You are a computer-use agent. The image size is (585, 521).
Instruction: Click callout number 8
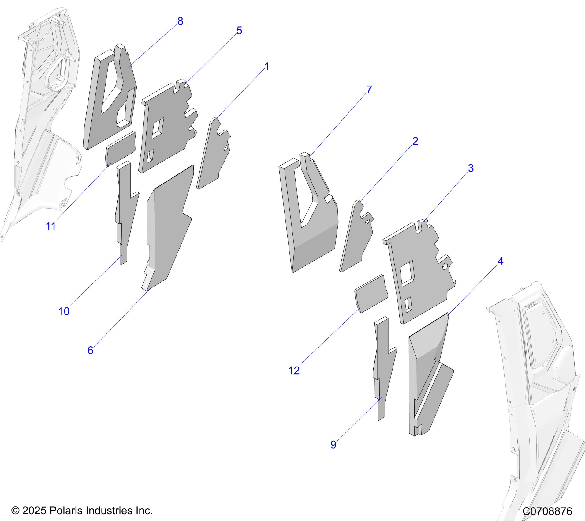180,21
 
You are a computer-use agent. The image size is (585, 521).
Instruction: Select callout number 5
239,31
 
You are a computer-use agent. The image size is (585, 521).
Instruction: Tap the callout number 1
266,67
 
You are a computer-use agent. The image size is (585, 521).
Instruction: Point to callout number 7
369,89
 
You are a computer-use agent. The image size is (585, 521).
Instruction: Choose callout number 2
415,141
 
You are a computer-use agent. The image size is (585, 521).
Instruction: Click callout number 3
471,168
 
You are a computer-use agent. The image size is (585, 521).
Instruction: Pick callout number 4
501,261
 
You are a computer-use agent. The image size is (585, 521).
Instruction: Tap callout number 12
294,371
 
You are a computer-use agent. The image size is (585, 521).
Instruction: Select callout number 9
333,445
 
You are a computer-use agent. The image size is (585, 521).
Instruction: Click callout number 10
64,311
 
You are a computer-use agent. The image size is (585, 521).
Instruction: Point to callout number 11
51,226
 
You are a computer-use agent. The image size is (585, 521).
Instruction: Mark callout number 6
90,350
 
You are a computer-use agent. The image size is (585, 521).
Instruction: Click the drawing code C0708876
547,511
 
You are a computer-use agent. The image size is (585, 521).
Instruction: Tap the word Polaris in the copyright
66,511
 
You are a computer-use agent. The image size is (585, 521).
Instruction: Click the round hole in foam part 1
226,148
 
